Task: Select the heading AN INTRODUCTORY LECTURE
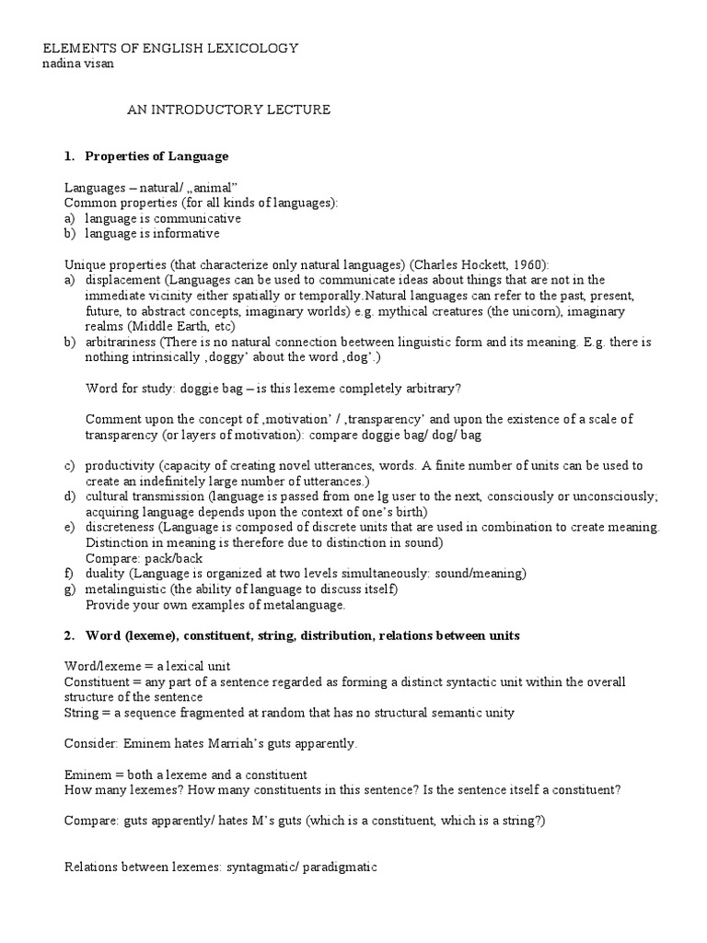[227, 110]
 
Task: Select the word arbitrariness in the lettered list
[121, 342]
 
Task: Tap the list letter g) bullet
[70, 589]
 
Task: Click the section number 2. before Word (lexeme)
[70, 636]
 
